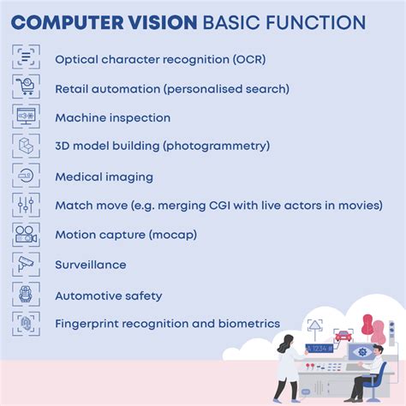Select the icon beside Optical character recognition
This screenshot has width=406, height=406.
26,58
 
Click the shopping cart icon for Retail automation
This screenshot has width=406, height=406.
26,87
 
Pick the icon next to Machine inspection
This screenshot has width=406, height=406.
26,117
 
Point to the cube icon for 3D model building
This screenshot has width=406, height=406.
26,146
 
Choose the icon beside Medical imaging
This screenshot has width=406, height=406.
26,176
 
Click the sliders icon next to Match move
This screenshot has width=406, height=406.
26,205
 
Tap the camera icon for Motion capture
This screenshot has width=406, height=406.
26,234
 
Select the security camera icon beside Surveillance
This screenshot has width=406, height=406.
26,264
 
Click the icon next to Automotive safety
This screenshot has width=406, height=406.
26,294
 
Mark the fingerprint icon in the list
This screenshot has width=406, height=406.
26,323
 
